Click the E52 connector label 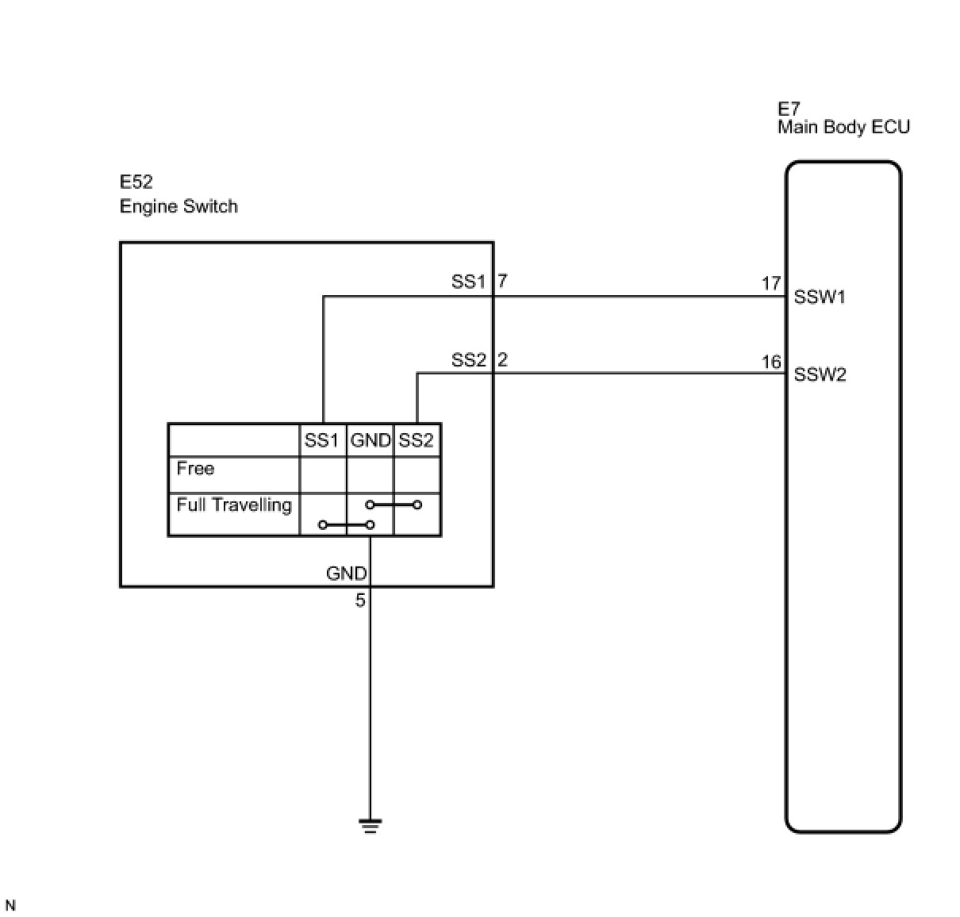click(136, 182)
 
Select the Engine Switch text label click(179, 207)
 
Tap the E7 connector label click(789, 109)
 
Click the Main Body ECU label click(843, 127)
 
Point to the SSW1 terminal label click(820, 297)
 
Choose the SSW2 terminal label click(820, 374)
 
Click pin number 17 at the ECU click(771, 283)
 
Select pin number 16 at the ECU click(771, 362)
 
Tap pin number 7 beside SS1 click(502, 281)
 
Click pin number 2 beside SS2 click(502, 360)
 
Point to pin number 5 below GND click(360, 600)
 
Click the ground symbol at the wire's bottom click(370, 826)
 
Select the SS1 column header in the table click(322, 440)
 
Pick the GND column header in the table click(370, 440)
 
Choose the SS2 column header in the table click(417, 440)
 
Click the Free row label click(195, 469)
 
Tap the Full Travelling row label click(234, 505)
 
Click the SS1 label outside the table click(468, 282)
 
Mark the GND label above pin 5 click(347, 574)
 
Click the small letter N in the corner click(10, 905)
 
